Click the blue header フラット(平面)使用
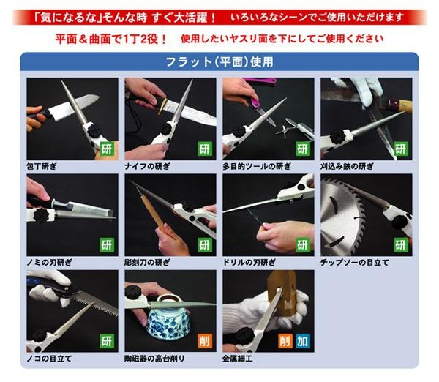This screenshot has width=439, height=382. [219, 62]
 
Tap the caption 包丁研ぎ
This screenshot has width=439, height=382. [42, 166]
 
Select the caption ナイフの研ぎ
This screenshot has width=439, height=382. [147, 166]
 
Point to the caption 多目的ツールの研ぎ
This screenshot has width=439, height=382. [257, 166]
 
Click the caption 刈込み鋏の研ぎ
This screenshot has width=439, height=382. [347, 166]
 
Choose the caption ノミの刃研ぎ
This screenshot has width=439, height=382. [49, 263]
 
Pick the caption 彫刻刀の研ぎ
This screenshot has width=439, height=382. [147, 263]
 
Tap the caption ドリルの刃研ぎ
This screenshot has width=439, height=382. [249, 263]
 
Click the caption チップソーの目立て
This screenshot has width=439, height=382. [355, 263]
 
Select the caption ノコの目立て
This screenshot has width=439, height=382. [49, 359]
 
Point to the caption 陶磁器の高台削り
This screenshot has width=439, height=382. [155, 359]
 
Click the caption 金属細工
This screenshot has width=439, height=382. [238, 359]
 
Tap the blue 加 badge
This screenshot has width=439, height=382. [303, 341]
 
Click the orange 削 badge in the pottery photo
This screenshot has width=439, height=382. [205, 341]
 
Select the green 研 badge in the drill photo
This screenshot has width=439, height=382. [303, 245]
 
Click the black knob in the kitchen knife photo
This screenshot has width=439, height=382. [94, 130]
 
